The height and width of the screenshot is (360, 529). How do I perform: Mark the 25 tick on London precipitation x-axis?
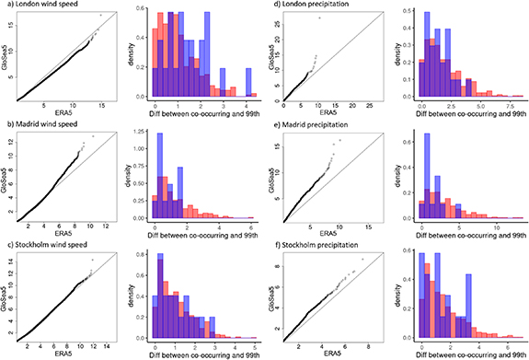click(x=380, y=106)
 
